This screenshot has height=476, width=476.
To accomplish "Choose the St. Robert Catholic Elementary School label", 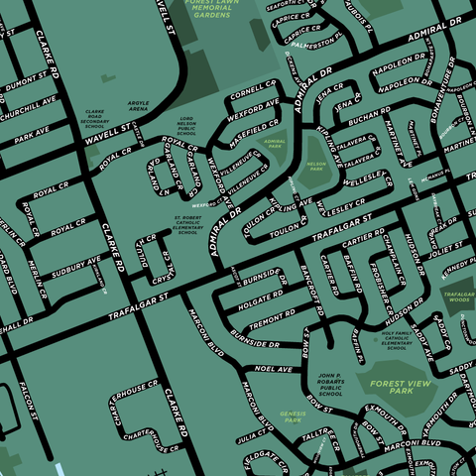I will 187,224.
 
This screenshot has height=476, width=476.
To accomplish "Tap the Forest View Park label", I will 391,387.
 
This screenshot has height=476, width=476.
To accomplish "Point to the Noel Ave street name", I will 275,369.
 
